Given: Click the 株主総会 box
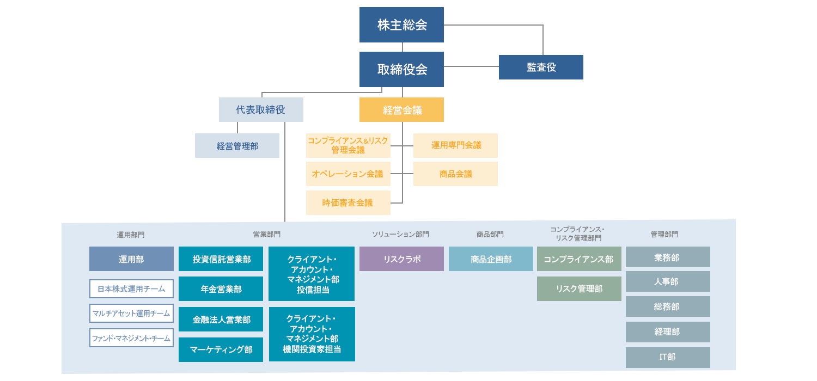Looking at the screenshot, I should tap(401, 25).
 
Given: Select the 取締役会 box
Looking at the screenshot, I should tap(401, 69).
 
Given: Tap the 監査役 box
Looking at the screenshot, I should tap(541, 67).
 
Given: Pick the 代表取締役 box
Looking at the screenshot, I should tap(261, 109).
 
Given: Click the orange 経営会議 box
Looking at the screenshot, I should tap(401, 110).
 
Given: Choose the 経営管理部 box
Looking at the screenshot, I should tap(237, 146).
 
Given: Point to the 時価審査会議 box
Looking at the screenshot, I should tap(348, 202).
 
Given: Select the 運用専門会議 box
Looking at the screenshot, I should tap(455, 145).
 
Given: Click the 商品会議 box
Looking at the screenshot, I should tap(455, 174).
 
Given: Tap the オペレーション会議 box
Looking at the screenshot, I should tap(348, 174).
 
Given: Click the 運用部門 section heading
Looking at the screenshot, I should tap(131, 235).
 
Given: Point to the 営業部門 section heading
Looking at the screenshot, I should tap(266, 234).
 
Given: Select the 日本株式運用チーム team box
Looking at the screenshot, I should tap(131, 289).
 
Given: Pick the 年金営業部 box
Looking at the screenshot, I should tap(221, 289).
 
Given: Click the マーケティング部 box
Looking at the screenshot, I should tap(221, 349).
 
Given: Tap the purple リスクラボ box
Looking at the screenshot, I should tap(401, 259).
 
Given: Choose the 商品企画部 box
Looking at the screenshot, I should tap(491, 259).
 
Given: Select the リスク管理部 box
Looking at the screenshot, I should tap(579, 289).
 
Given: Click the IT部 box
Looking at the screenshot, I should tap(668, 357).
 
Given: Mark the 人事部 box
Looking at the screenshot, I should tap(668, 281).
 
